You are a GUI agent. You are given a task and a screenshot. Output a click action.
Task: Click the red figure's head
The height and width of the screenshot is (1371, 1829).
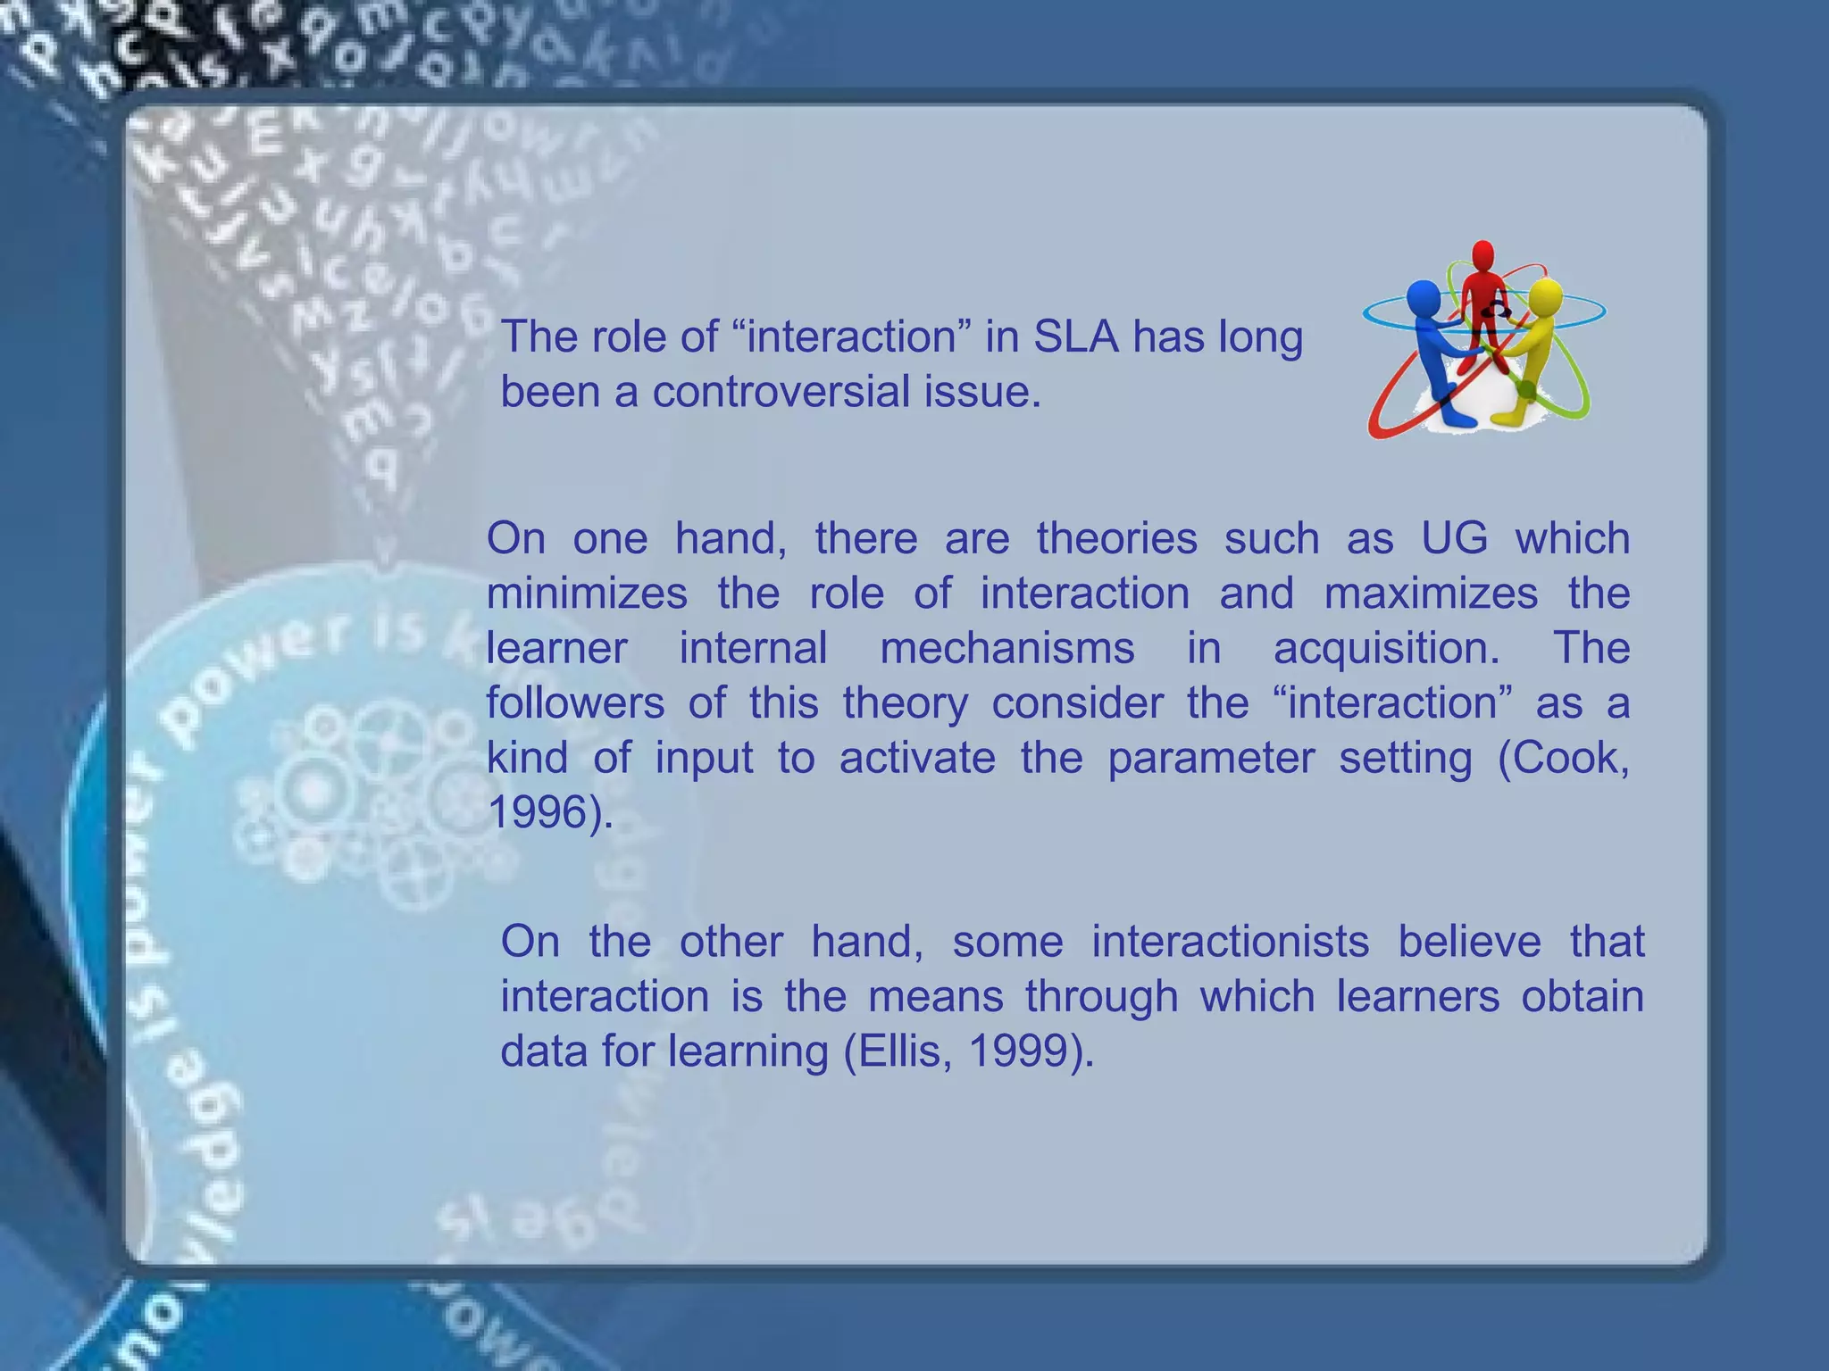1483,254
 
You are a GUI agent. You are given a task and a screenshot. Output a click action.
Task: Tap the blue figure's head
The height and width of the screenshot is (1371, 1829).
1423,296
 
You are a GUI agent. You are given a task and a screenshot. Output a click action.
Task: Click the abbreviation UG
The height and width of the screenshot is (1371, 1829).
1454,538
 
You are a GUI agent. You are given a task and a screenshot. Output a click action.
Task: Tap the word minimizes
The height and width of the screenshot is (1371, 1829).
587,594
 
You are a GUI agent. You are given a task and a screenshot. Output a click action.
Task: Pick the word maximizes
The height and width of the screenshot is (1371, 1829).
1431,594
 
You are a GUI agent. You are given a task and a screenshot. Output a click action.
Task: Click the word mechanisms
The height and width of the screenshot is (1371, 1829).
1006,648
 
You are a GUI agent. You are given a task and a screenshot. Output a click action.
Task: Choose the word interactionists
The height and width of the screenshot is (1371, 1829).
1230,942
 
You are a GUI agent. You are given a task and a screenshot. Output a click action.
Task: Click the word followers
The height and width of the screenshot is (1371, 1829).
575,703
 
